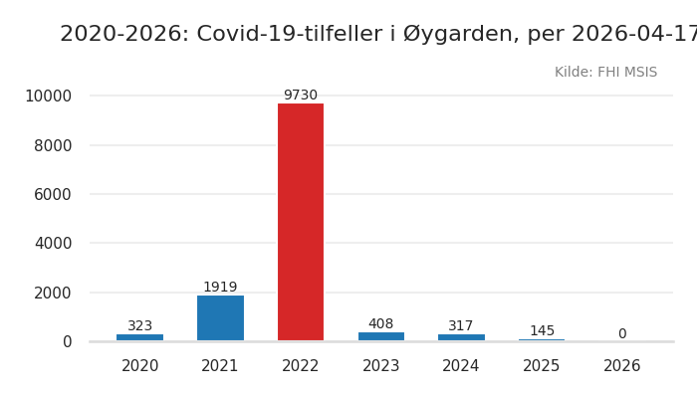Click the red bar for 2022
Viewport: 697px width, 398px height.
pyautogui.click(x=301, y=222)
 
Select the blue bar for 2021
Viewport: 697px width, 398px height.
pyautogui.click(x=220, y=318)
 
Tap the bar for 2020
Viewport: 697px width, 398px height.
pyautogui.click(x=140, y=337)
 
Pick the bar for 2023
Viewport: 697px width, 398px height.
pyautogui.click(x=381, y=336)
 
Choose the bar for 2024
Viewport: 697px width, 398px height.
pyautogui.click(x=461, y=337)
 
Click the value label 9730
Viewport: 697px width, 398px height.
pyautogui.click(x=301, y=96)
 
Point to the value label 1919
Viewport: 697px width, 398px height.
pyautogui.click(x=220, y=288)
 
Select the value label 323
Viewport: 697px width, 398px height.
pyautogui.click(x=140, y=326)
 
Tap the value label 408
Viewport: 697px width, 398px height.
pyautogui.click(x=381, y=324)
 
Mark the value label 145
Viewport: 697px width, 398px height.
pyautogui.click(x=542, y=331)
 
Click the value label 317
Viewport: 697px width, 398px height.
pyautogui.click(x=461, y=326)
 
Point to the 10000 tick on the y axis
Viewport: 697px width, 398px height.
pyautogui.click(x=48, y=97)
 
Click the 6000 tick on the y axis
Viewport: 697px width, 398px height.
pyautogui.click(x=53, y=194)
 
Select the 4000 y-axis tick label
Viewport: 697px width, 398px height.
pyautogui.click(x=53, y=243)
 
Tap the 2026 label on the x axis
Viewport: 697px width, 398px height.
pyautogui.click(x=622, y=366)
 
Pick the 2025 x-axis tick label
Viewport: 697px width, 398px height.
pyautogui.click(x=542, y=366)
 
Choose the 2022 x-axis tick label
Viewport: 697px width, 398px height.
pyautogui.click(x=301, y=366)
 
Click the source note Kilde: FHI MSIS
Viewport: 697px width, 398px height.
pyautogui.click(x=605, y=73)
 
